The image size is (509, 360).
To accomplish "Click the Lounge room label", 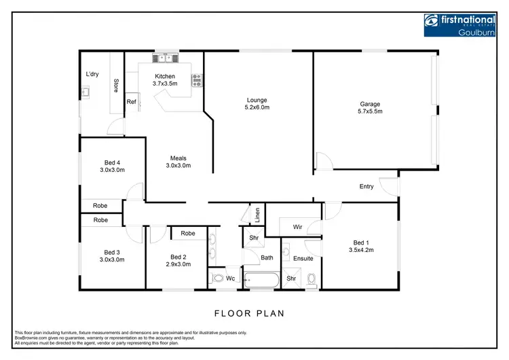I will (257, 101).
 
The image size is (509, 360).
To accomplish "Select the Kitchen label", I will (165, 76).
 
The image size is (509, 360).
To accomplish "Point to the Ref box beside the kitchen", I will (131, 103).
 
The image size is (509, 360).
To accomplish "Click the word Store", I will (116, 86).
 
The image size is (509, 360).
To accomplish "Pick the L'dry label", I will (92, 74).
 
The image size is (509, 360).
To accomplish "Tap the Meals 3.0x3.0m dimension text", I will (178, 165).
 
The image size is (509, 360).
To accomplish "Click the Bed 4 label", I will (113, 162).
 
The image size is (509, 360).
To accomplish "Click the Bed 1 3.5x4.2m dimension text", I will (362, 250).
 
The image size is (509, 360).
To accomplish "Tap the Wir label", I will (297, 227).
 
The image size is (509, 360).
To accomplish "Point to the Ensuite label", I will (303, 258).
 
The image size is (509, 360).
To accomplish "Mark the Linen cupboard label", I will (257, 215).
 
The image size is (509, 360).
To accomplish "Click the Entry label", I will (366, 186).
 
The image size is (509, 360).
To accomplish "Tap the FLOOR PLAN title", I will (249, 314).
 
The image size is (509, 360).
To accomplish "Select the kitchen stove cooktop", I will (197, 81).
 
